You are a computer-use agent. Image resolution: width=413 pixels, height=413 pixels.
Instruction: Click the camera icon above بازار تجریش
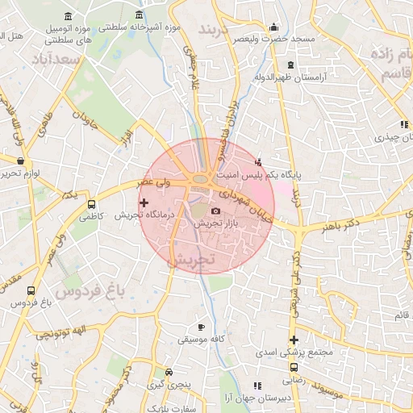[215, 211]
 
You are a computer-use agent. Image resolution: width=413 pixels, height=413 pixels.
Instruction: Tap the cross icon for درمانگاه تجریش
[144, 202]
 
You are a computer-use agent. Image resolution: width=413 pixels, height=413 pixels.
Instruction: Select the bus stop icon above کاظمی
[90, 205]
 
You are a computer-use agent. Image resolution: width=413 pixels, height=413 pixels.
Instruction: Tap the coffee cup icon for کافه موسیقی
[202, 327]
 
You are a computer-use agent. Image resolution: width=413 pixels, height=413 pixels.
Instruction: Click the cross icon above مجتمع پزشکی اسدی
[294, 340]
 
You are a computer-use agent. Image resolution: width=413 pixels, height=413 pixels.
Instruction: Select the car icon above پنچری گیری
[169, 373]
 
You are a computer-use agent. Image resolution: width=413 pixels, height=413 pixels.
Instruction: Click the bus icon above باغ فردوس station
[31, 290]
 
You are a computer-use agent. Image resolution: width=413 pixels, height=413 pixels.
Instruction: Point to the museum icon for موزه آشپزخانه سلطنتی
[140, 16]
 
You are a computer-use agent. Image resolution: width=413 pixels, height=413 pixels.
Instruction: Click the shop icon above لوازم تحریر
[20, 161]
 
